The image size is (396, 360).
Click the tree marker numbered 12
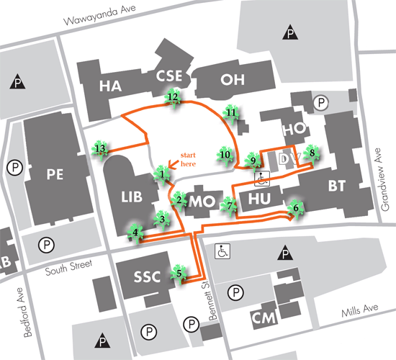pyautogui.click(x=173, y=96)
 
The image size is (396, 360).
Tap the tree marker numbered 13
pyautogui.click(x=100, y=149)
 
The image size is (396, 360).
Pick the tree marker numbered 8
pyautogui.click(x=312, y=153)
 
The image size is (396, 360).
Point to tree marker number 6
pyautogui.click(x=294, y=209)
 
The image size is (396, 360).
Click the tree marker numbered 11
pyautogui.click(x=231, y=113)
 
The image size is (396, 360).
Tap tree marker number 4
pyautogui.click(x=135, y=232)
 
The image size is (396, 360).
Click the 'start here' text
pyautogui.click(x=187, y=159)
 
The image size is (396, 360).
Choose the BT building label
pyautogui.click(x=336, y=186)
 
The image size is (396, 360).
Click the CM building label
pyautogui.click(x=260, y=318)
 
